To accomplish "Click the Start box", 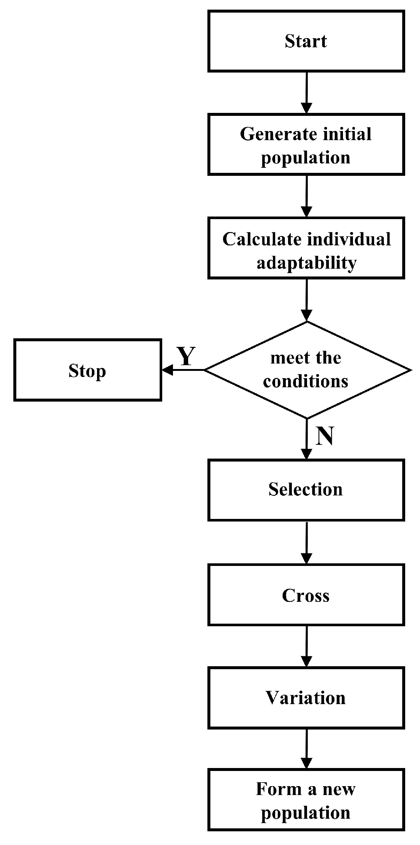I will tap(306, 41).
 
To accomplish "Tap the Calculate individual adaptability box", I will tap(306, 248).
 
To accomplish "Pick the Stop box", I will tap(87, 370).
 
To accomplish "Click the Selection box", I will tap(306, 490).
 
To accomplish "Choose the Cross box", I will tap(306, 595).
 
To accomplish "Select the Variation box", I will tap(306, 698).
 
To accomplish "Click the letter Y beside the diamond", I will tap(186, 356).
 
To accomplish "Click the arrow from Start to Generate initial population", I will tap(307, 93).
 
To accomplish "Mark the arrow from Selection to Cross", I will tap(307, 542).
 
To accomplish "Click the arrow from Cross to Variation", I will tap(307, 646).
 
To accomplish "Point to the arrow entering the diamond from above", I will tap(307, 300).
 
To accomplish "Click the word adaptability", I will tap(307, 263).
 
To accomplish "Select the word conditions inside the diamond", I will tap(306, 381).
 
